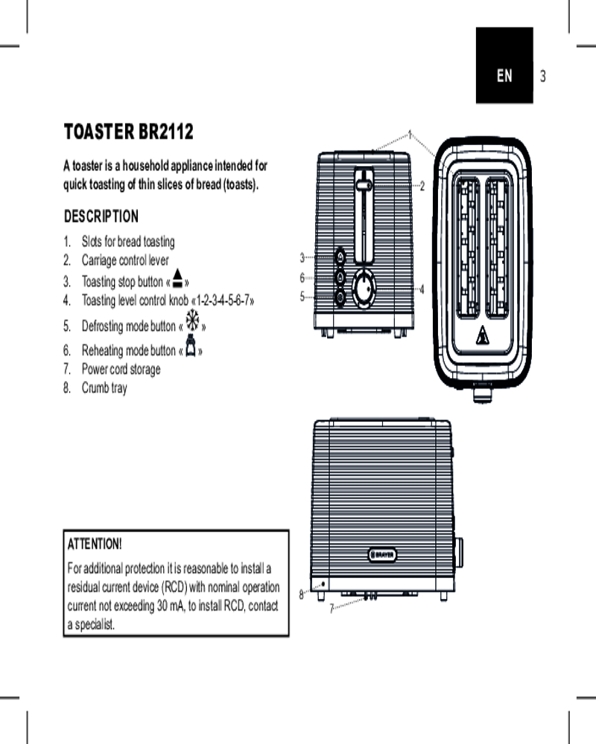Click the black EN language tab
tap(504, 65)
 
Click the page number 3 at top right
tap(543, 76)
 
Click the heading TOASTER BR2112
tap(129, 132)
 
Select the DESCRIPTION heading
tap(101, 217)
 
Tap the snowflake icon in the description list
tap(192, 320)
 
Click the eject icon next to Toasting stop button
tap(178, 278)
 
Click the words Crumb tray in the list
tap(104, 388)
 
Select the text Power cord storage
tap(121, 369)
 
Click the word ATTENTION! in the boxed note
tap(95, 544)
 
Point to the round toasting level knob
tap(364, 289)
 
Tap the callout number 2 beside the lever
tap(422, 186)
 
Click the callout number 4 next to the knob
tap(422, 289)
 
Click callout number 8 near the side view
tap(301, 594)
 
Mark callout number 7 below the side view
tap(332, 608)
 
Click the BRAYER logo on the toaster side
tap(382, 555)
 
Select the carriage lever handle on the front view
tap(364, 185)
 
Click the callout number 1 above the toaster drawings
tap(410, 135)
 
